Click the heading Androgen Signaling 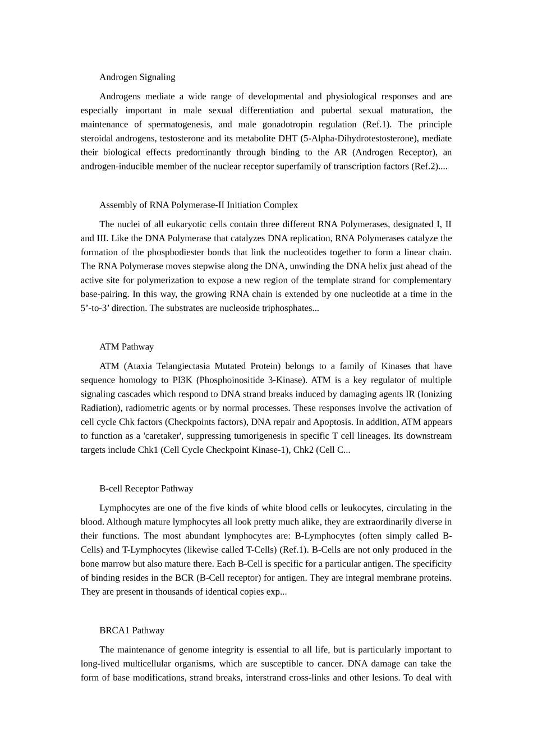click(137, 77)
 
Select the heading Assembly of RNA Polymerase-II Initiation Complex click(198, 205)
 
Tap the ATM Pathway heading click(126, 347)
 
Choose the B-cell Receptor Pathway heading click(146, 489)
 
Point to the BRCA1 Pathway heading click(131, 631)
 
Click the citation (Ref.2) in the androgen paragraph click(425, 167)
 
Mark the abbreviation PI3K click(182, 380)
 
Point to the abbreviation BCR click(184, 578)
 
